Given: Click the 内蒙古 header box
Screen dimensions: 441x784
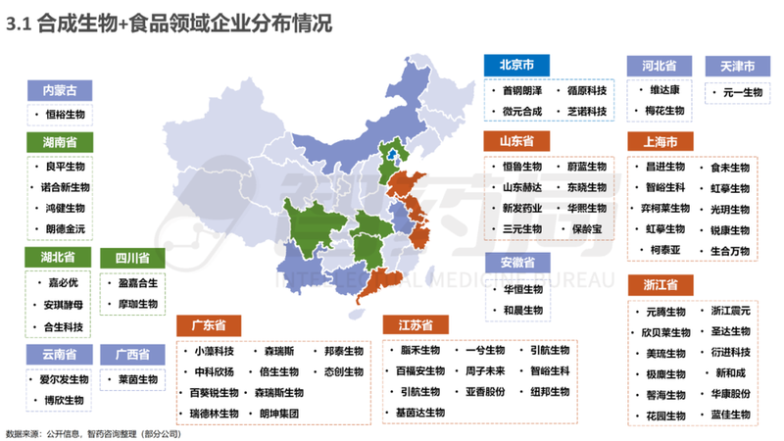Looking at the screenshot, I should [60, 90].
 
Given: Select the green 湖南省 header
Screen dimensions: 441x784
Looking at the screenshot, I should [60, 142].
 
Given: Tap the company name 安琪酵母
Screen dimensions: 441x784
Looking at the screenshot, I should [65, 305].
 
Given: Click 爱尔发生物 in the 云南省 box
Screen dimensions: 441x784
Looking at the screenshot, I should [65, 377].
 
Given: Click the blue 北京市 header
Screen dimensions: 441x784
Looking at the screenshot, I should [516, 65].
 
